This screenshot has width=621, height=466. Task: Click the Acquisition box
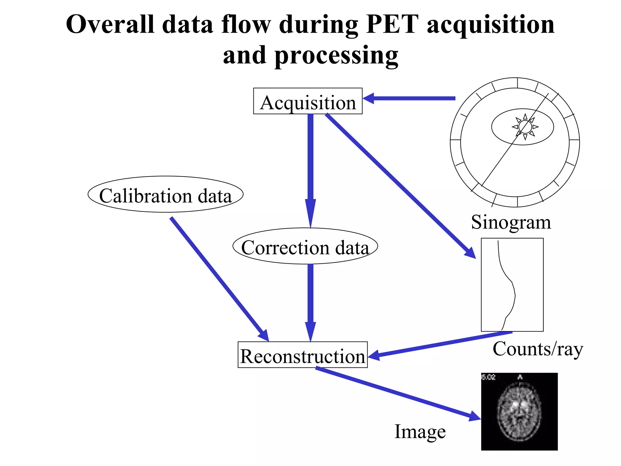click(x=307, y=101)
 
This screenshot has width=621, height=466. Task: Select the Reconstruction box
click(x=303, y=355)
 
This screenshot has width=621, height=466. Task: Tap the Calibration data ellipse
click(x=165, y=194)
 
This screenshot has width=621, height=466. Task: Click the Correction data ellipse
click(x=305, y=246)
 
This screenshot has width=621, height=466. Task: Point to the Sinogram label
click(x=511, y=222)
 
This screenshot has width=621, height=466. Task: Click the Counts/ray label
click(x=538, y=349)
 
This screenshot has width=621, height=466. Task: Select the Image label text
click(x=420, y=431)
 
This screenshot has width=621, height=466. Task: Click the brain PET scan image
click(x=519, y=411)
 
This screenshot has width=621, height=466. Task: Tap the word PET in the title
click(x=392, y=24)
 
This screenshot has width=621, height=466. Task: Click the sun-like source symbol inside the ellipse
click(x=525, y=127)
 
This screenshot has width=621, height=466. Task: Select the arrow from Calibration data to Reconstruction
click(x=218, y=278)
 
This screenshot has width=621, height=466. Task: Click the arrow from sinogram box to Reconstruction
click(x=440, y=344)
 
